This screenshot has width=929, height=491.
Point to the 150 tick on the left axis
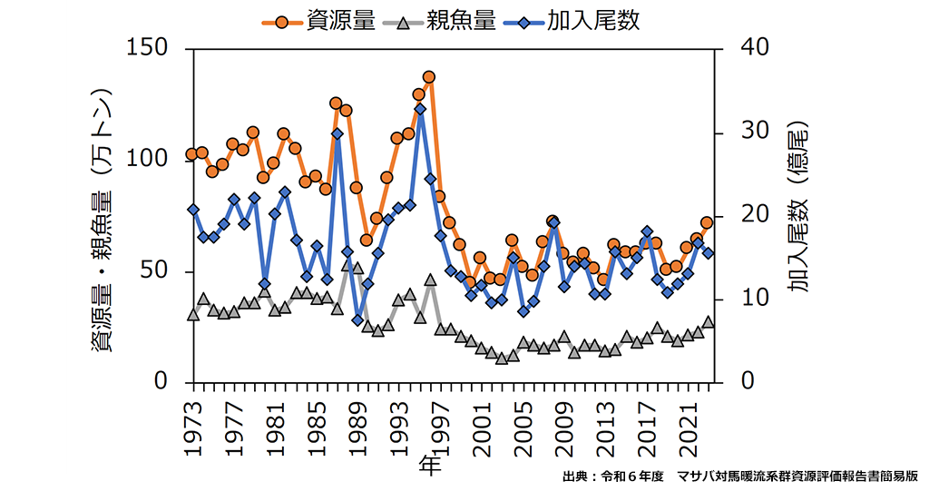(156, 48)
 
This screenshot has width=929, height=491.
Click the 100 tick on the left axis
(156, 160)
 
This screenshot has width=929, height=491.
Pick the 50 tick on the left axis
(163, 271)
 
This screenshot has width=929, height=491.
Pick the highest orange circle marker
(429, 77)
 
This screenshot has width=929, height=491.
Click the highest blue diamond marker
(419, 109)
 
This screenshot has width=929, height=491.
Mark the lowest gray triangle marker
(502, 358)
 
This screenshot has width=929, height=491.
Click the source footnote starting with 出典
(740, 476)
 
